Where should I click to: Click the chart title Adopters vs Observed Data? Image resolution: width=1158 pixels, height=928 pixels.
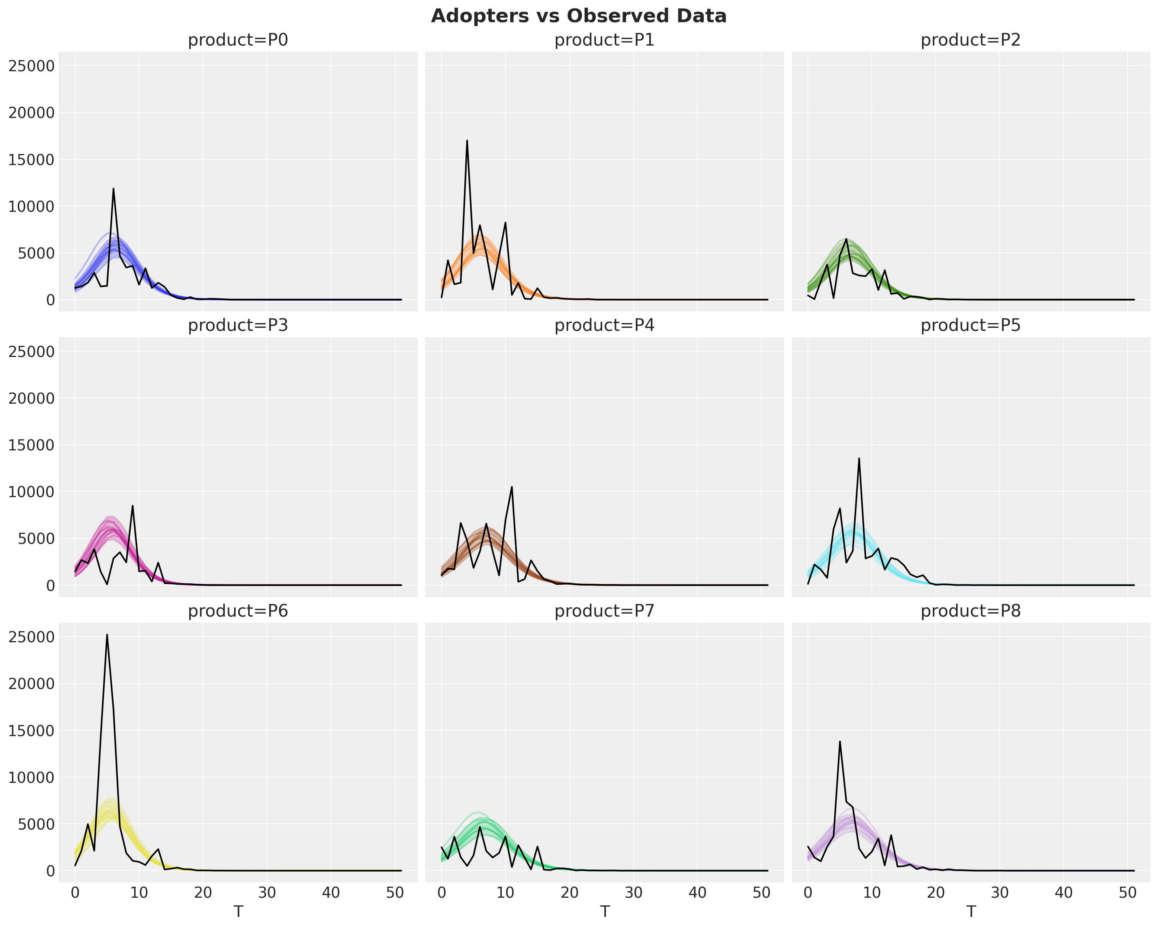578,16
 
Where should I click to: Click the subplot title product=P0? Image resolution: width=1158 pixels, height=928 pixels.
238,40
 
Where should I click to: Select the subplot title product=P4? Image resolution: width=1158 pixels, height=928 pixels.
604,326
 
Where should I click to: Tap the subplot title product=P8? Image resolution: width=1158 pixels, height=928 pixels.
971,611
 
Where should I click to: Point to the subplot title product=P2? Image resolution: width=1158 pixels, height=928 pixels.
971,40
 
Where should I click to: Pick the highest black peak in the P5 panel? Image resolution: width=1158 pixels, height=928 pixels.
859,458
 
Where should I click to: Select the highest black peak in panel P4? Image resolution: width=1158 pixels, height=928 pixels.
512,487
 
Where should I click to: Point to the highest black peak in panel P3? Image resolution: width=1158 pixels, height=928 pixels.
133,506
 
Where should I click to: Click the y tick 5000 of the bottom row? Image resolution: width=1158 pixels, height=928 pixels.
36,824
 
